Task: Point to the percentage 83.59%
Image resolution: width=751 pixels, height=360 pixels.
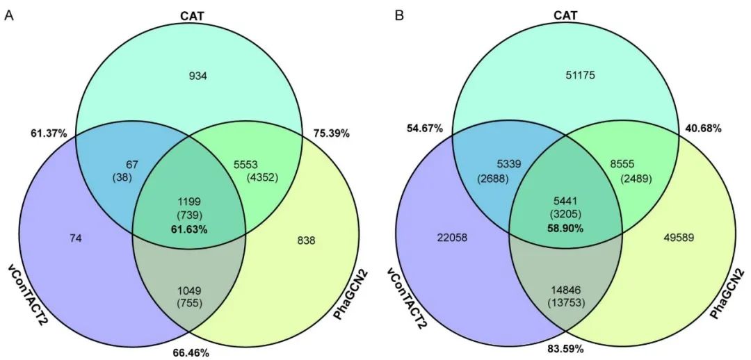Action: pos(565,347)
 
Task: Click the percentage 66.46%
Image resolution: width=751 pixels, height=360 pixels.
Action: pos(191,352)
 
